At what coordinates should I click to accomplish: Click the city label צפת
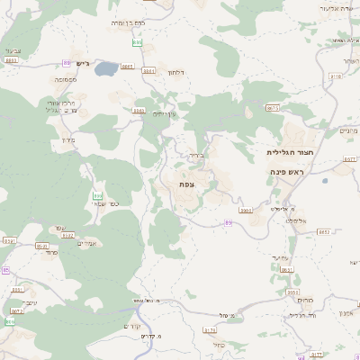(186, 184)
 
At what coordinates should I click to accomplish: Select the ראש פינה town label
(287, 171)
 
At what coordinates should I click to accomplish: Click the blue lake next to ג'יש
(106, 68)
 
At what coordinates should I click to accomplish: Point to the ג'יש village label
(84, 63)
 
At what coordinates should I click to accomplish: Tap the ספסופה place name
(64, 79)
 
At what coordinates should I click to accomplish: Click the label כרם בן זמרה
(129, 21)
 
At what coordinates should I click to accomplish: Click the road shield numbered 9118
(336, 76)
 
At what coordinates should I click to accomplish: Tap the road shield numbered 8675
(273, 108)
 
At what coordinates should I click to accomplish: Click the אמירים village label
(86, 243)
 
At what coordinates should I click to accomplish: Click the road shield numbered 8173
(209, 330)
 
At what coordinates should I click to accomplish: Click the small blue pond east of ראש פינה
(325, 181)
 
